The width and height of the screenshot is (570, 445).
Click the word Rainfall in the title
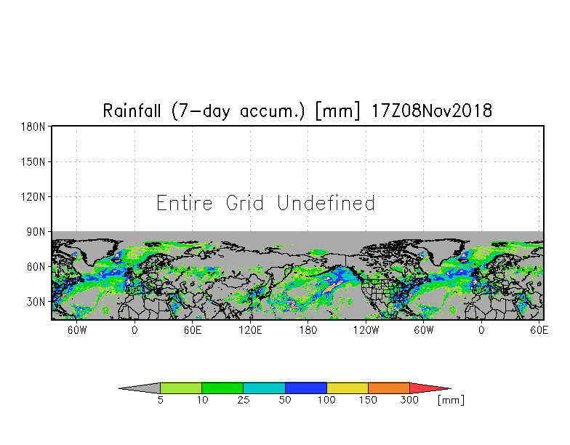(132, 111)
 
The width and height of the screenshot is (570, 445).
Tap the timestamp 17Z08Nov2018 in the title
(432, 111)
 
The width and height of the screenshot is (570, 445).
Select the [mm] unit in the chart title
(338, 111)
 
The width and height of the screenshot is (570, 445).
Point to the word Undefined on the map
(326, 203)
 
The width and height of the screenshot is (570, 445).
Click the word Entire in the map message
(185, 203)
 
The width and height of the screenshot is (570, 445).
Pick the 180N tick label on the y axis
(33, 127)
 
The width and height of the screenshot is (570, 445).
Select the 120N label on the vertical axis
(33, 197)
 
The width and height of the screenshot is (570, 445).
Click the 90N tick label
(36, 232)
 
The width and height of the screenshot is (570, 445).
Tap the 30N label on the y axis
(36, 302)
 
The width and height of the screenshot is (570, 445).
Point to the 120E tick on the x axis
(250, 330)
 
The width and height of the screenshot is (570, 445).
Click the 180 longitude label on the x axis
(308, 330)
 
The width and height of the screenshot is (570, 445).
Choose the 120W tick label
(366, 330)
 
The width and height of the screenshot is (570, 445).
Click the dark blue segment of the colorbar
(305, 388)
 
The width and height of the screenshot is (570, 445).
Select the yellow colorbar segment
(348, 388)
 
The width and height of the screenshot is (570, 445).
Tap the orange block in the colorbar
(388, 388)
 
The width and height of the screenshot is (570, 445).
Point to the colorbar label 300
(409, 400)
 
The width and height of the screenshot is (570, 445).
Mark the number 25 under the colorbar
(243, 400)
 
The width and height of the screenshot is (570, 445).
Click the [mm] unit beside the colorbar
(451, 400)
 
